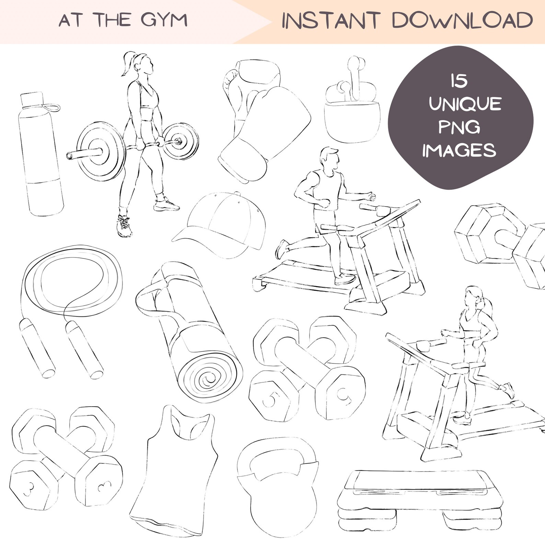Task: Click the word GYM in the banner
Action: click(164, 20)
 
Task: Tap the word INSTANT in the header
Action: click(331, 21)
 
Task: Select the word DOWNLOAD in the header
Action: click(462, 21)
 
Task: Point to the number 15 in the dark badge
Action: click(459, 81)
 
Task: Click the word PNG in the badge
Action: click(459, 127)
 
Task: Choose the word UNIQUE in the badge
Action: click(465, 104)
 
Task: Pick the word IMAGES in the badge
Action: click(459, 151)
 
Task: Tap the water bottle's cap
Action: click(32, 100)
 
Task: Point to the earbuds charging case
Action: click(352, 122)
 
